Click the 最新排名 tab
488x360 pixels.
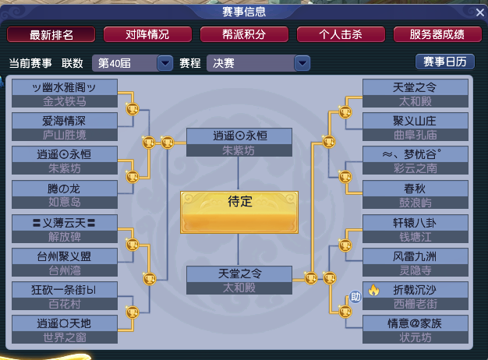[51, 34]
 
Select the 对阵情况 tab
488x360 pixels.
[148, 34]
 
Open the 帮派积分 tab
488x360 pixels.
[245, 34]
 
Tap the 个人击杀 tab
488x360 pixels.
[341, 34]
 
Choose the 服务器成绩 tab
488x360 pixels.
[437, 34]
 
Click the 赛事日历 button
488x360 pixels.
[444, 62]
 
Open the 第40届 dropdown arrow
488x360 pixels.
[164, 63]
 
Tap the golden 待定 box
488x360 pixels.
[239, 211]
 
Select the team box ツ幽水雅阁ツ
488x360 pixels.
[65, 94]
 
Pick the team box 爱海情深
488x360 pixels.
[65, 128]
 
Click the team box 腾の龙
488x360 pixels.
[65, 196]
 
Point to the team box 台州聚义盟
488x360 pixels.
[65, 263]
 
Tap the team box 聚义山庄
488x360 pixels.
[416, 128]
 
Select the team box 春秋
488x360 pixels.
[416, 196]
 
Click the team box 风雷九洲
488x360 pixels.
[416, 263]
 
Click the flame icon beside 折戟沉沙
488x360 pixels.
[373, 291]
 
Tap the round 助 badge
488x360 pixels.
[355, 296]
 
